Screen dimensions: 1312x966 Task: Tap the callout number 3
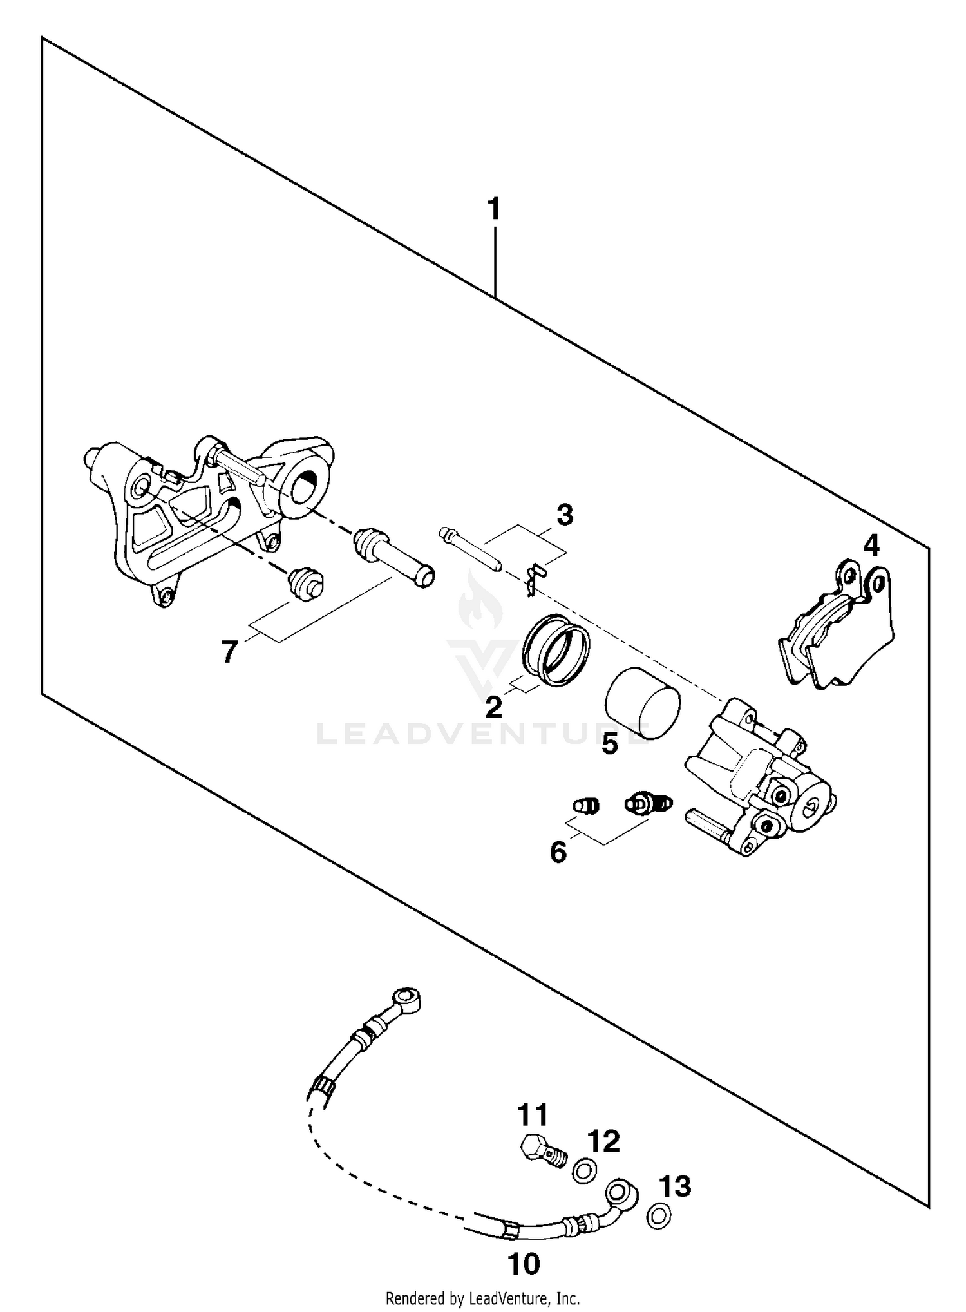pos(564,515)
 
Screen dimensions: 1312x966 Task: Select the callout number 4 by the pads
pos(871,546)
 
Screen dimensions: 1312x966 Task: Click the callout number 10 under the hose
pos(524,1264)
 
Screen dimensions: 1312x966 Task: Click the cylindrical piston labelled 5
pos(643,702)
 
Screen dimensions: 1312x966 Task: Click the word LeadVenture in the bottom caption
pos(507,1298)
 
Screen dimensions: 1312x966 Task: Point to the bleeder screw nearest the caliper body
pos(648,803)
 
